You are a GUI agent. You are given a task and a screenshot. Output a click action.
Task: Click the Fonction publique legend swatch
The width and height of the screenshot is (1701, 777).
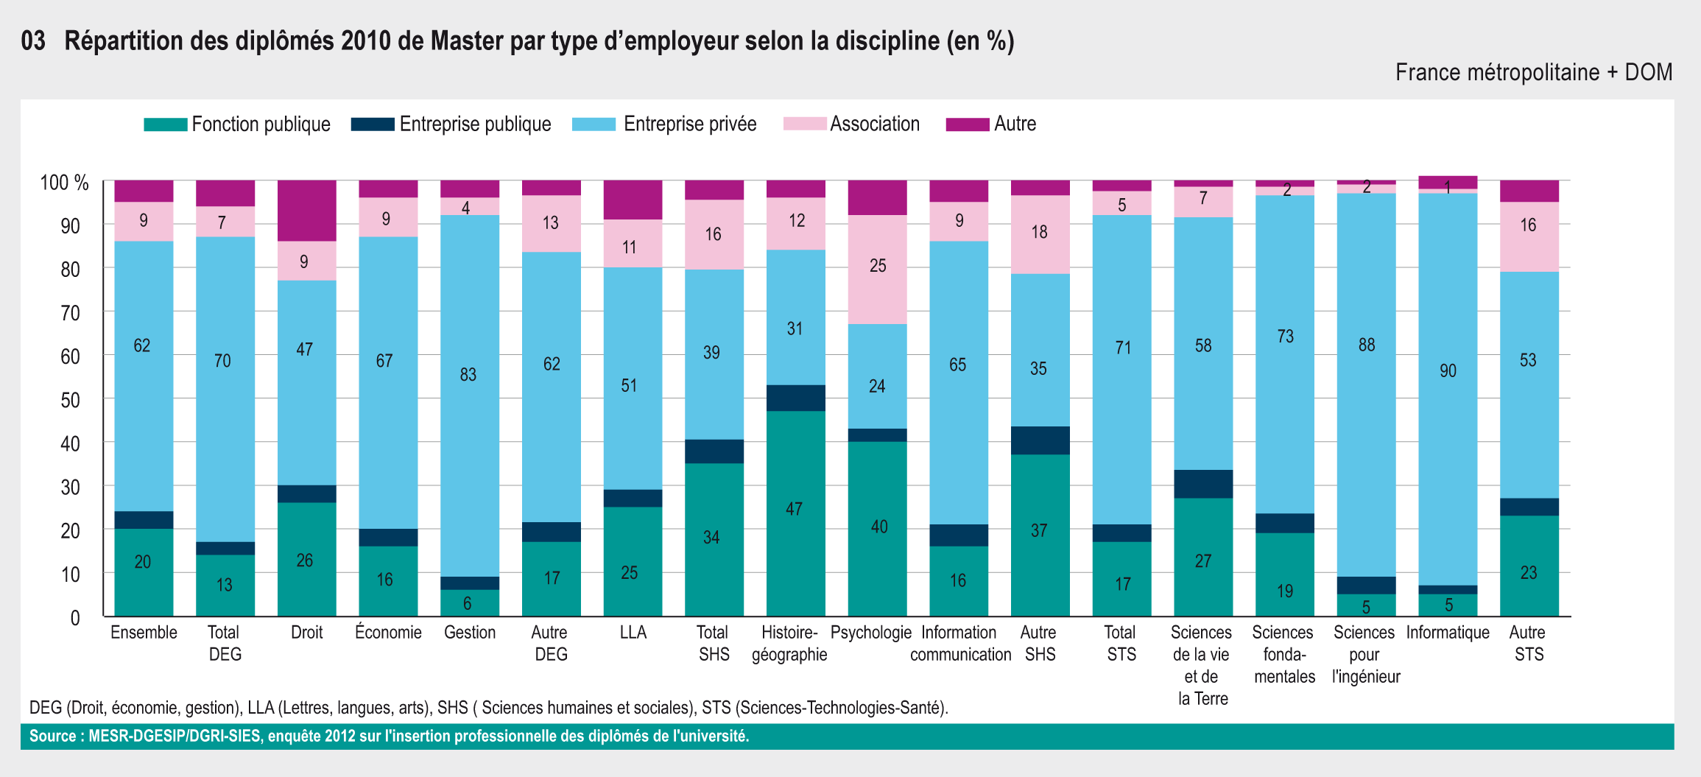(x=165, y=124)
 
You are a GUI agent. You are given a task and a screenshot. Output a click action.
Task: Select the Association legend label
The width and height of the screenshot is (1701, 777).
(x=875, y=124)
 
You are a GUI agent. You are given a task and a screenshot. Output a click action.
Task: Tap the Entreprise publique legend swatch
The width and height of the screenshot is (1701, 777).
(x=373, y=124)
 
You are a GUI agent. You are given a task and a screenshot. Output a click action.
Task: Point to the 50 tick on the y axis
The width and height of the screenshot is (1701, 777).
(x=70, y=400)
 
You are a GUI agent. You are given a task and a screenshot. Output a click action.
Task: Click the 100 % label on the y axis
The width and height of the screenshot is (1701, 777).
(x=64, y=183)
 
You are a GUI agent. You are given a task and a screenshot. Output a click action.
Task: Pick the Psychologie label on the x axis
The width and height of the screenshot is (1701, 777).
(x=871, y=633)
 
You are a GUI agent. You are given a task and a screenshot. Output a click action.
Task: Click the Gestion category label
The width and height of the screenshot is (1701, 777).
(x=470, y=633)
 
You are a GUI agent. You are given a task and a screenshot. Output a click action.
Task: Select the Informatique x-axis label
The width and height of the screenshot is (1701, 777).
(x=1448, y=633)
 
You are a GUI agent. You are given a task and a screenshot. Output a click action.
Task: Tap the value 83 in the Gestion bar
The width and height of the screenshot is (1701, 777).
(x=468, y=375)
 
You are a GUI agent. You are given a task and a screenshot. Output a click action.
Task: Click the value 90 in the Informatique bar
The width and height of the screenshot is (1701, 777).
(x=1448, y=371)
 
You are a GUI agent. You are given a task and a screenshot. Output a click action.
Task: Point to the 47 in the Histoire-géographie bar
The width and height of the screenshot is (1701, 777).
(x=794, y=509)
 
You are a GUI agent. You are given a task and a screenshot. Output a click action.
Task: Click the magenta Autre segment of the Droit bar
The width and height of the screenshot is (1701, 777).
(x=307, y=211)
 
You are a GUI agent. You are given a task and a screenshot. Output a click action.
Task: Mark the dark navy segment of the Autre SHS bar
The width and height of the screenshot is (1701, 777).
(x=1040, y=440)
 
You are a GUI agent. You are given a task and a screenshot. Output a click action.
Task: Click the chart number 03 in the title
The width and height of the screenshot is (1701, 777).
(x=33, y=41)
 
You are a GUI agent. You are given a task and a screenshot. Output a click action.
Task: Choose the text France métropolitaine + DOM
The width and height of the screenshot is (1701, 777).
(x=1534, y=72)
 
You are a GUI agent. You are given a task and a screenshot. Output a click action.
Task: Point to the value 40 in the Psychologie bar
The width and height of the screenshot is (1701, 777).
(x=879, y=527)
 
